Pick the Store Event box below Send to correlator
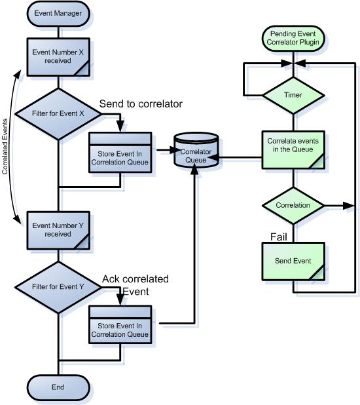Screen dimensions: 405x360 (120, 152)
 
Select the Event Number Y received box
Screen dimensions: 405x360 (58, 229)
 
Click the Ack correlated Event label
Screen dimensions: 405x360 (134, 284)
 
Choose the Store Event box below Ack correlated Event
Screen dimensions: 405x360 (120, 325)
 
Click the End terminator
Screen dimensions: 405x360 (58, 387)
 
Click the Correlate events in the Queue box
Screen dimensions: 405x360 (293, 149)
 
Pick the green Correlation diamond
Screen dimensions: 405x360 (293, 205)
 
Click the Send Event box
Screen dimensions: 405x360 (293, 260)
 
